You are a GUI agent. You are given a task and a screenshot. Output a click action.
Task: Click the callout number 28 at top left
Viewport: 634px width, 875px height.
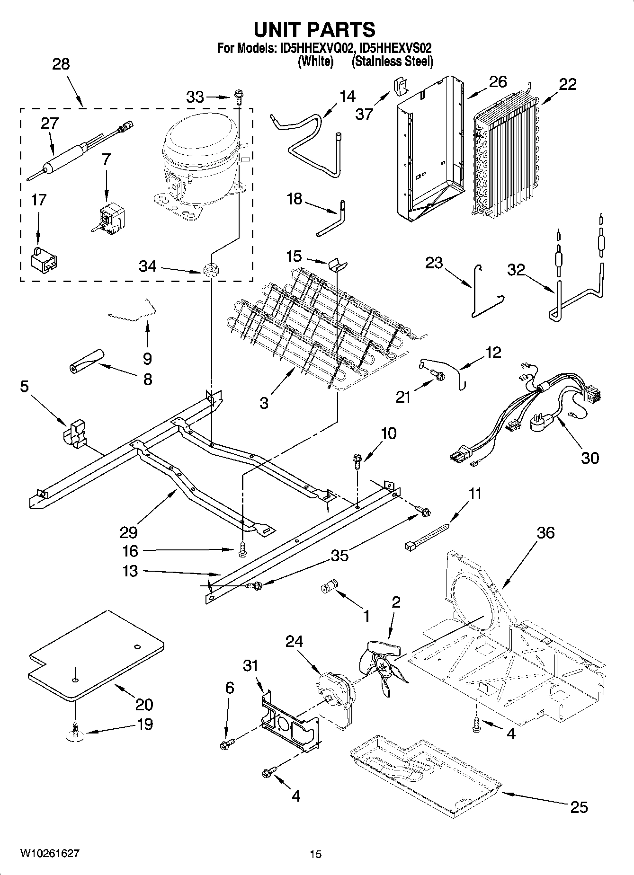(x=61, y=64)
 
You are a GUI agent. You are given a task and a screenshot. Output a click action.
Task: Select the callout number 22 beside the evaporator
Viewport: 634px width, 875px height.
(x=568, y=84)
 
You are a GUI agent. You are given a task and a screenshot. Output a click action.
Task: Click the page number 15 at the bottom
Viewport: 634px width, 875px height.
(x=315, y=854)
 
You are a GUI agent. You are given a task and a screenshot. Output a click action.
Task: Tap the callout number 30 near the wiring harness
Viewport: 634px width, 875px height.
(x=590, y=458)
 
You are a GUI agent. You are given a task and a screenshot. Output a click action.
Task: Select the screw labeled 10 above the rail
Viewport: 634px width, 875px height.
(x=357, y=460)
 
